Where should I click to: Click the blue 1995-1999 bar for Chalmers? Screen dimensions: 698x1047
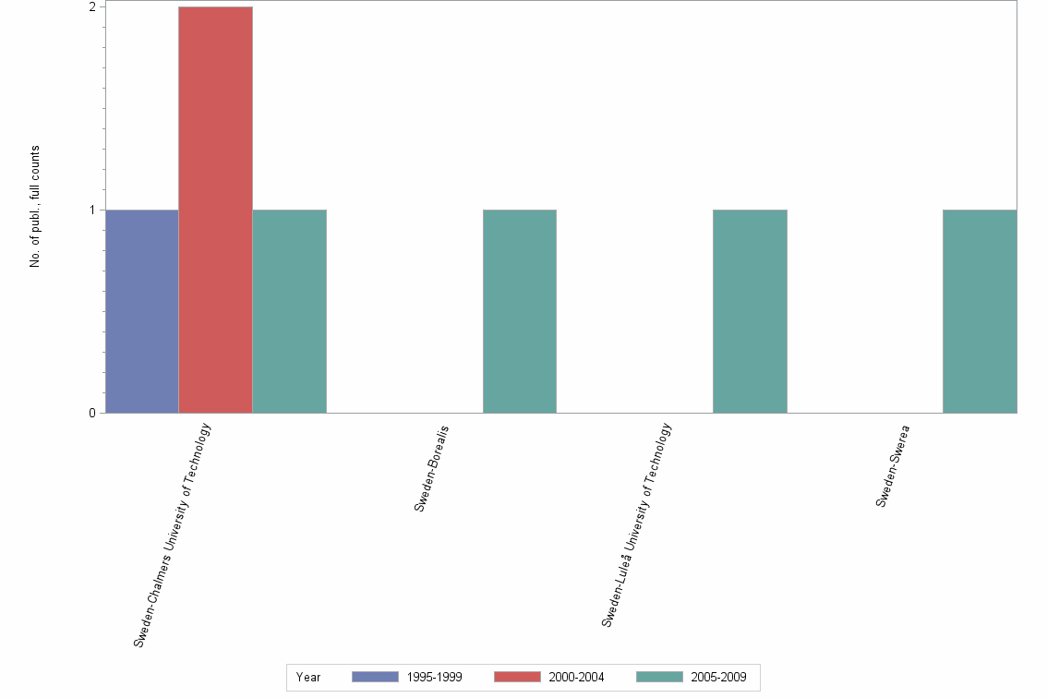142,311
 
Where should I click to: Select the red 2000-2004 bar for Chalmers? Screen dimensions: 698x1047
215,210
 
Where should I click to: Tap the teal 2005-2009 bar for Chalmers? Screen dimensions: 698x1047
289,311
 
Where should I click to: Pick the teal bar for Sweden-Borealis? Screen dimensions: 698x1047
519,311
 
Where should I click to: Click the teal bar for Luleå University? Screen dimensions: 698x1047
750,311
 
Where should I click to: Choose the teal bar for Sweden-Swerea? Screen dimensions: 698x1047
980,311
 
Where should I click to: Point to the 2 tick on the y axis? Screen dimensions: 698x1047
92,7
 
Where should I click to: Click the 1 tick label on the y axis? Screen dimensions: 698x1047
92,210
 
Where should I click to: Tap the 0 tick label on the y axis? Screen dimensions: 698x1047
92,413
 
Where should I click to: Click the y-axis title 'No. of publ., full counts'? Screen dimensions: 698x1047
35,207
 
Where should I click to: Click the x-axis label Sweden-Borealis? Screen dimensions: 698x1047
431,468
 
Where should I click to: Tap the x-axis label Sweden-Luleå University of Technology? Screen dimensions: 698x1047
637,524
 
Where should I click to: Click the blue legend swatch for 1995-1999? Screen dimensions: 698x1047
375,677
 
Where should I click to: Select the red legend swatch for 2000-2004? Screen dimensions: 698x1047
517,677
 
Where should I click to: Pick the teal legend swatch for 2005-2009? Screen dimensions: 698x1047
659,677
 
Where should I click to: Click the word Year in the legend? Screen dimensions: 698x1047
308,678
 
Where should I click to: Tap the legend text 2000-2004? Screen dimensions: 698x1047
576,678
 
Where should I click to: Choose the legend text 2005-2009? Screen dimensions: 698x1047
718,678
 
